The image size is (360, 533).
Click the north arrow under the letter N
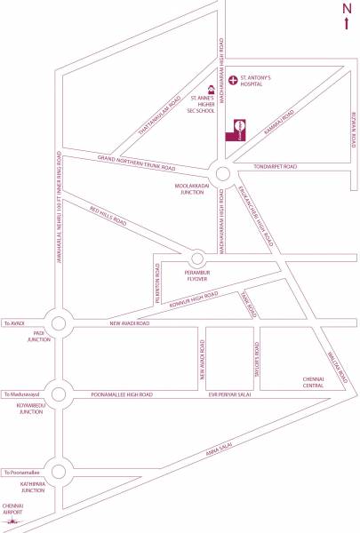click(346, 21)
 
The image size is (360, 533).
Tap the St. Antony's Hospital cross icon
click(234, 81)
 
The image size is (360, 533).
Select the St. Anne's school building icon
click(212, 89)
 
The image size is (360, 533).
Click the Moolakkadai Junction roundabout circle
click(222, 174)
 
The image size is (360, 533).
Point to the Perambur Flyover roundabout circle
click(198, 256)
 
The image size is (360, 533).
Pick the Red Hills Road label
click(108, 214)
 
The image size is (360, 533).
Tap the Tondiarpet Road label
click(274, 166)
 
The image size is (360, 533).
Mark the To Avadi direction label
click(16, 323)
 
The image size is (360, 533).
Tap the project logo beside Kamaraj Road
click(239, 129)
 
